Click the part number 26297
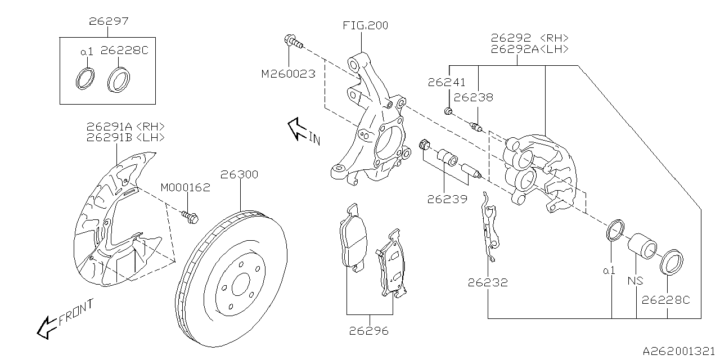(109, 22)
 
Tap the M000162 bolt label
(185, 187)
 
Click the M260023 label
(287, 74)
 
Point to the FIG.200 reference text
(365, 25)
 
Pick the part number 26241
(447, 82)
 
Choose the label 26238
(473, 97)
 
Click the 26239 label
(447, 199)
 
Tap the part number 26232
(487, 282)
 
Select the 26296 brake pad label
(369, 331)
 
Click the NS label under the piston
(636, 281)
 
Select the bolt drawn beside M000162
(188, 217)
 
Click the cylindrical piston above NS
(642, 245)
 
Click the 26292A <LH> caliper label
(529, 49)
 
